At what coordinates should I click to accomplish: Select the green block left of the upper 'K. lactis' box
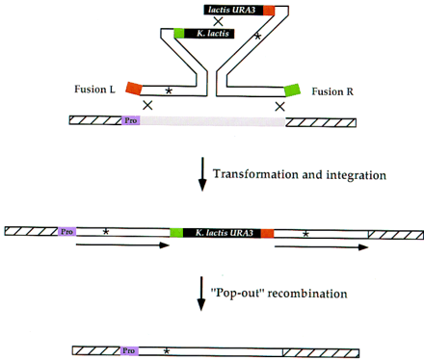point(179,34)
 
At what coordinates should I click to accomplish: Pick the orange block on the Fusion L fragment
point(132,86)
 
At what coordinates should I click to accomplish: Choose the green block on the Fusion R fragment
point(291,91)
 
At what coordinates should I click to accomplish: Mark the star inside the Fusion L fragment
point(170,90)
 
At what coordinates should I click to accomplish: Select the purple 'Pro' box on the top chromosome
point(131,121)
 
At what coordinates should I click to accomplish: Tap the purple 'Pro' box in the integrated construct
point(66,232)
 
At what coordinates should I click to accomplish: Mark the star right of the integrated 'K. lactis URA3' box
point(305,233)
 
